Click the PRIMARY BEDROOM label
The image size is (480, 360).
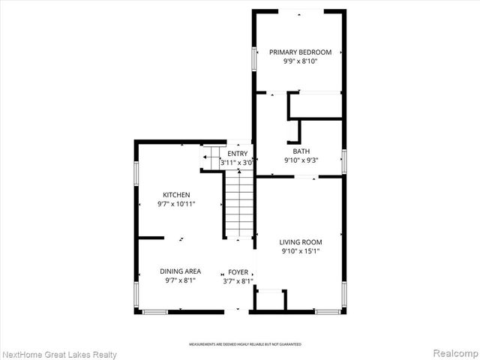pyautogui.click(x=300, y=52)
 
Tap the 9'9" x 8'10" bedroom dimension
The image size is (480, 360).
pyautogui.click(x=300, y=62)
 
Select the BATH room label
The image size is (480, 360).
pyautogui.click(x=301, y=151)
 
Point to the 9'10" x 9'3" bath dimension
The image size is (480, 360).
pyautogui.click(x=301, y=160)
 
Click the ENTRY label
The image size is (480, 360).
pyautogui.click(x=238, y=153)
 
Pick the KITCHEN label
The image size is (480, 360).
pyautogui.click(x=178, y=194)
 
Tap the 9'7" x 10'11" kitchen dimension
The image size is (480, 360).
pyautogui.click(x=178, y=204)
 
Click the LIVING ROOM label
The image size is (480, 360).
pyautogui.click(x=301, y=241)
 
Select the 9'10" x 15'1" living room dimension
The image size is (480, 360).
pyautogui.click(x=301, y=252)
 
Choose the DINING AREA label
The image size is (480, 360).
pyautogui.click(x=179, y=271)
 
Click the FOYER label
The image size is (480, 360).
pyautogui.click(x=238, y=271)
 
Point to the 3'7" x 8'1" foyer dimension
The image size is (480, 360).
pyautogui.click(x=238, y=281)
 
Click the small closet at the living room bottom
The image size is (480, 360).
pyautogui.click(x=270, y=300)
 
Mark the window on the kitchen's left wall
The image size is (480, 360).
pyautogui.click(x=136, y=173)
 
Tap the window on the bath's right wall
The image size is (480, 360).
pyautogui.click(x=343, y=161)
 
